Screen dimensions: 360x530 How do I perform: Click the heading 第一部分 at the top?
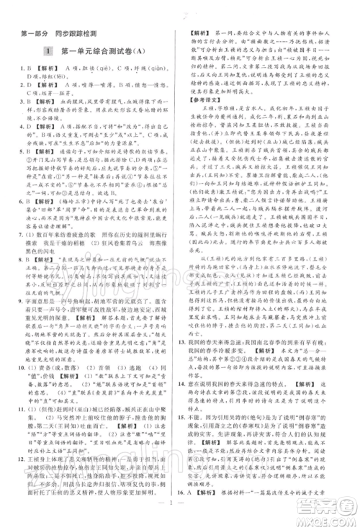[x=30, y=33]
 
